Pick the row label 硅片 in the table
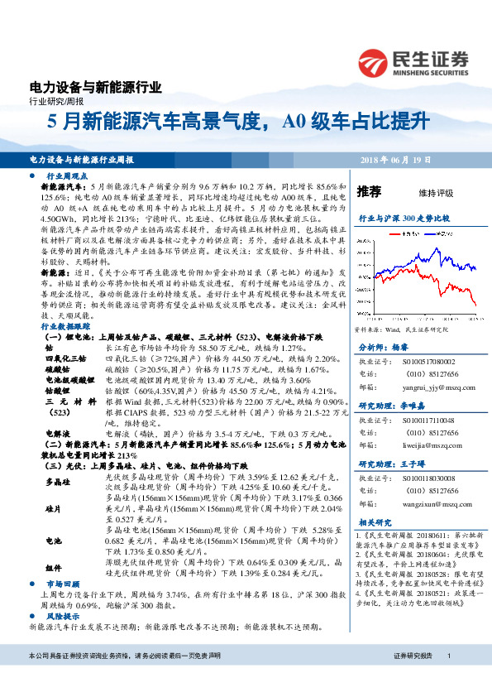pos(52,507)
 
